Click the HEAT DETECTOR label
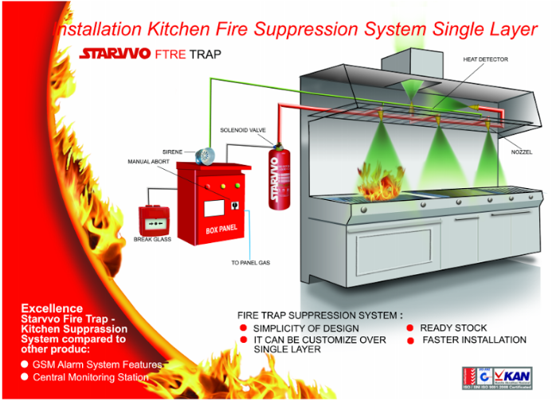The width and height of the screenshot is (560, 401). [485, 60]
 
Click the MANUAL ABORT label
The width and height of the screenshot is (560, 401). [149, 161]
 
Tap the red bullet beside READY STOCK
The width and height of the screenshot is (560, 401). [410, 328]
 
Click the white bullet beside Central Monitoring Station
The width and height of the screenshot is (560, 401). [25, 377]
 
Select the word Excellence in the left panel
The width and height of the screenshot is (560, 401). [51, 308]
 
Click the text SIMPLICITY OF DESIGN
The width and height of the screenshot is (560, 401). [306, 328]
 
